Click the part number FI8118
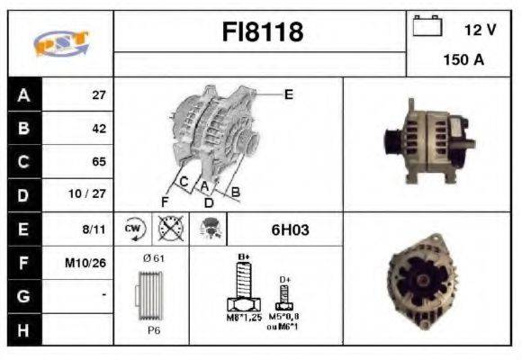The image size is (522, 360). tap(263, 33)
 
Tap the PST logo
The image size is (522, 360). tap(60, 42)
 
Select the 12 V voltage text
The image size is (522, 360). tap(480, 29)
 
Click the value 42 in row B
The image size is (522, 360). tap(99, 129)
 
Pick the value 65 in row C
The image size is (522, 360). tap(99, 162)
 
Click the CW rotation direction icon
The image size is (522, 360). tap(134, 229)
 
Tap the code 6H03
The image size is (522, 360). tap(290, 229)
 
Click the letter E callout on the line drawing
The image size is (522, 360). tap(288, 94)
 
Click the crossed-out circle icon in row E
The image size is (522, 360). tap(168, 229)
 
